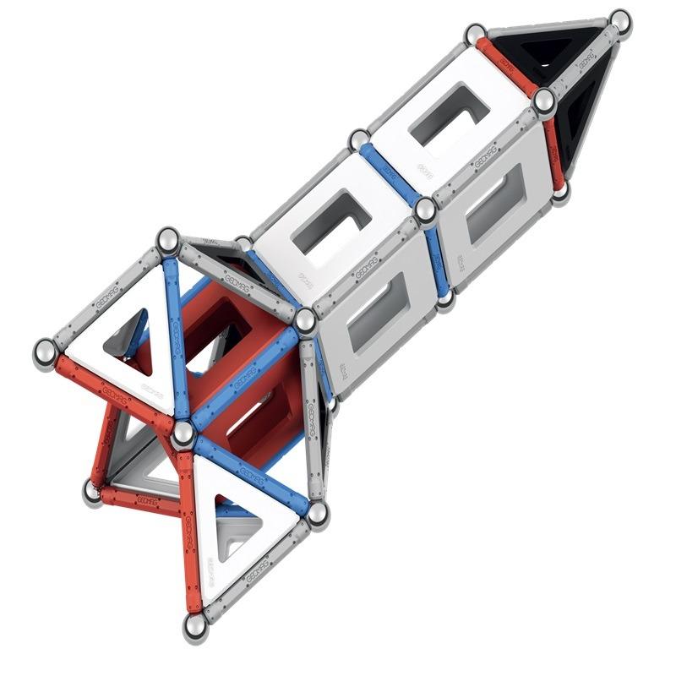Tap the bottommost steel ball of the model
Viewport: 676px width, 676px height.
coord(196,628)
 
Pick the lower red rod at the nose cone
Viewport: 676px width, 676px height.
coord(553,147)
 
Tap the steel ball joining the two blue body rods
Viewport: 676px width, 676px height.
coord(426,209)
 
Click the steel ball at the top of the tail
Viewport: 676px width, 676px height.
coord(169,240)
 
